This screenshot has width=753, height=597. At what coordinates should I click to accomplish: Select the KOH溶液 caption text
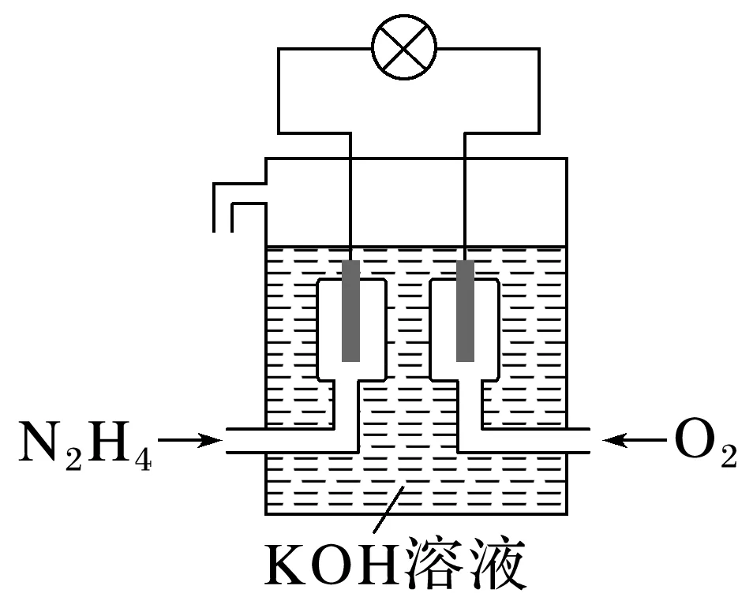coord(395,562)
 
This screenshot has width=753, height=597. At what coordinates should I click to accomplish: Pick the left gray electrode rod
coord(350,311)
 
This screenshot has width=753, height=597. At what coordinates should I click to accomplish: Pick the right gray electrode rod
coord(466,311)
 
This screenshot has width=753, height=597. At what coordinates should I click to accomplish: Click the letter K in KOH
coord(289,563)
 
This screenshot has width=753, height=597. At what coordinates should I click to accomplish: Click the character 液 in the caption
coord(493,562)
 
